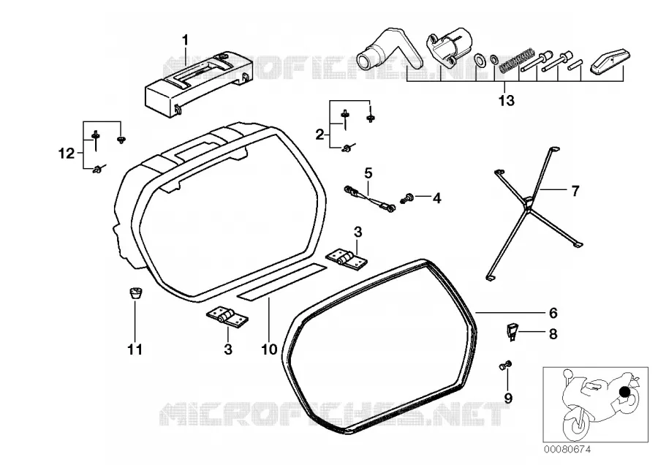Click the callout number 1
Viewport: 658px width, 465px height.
pyautogui.click(x=185, y=41)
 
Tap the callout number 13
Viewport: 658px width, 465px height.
pyautogui.click(x=506, y=101)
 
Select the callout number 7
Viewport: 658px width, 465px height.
pyautogui.click(x=575, y=191)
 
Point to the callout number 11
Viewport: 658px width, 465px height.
pyautogui.click(x=135, y=349)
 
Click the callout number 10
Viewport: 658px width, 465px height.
pyautogui.click(x=269, y=349)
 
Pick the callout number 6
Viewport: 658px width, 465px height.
pyautogui.click(x=553, y=313)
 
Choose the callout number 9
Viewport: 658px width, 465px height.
pyautogui.click(x=508, y=398)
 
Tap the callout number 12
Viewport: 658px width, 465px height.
pyautogui.click(x=67, y=154)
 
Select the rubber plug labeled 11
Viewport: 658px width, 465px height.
pyautogui.click(x=135, y=292)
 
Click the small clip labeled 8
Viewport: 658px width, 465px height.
pyautogui.click(x=511, y=331)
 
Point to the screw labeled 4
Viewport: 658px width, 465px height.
pyautogui.click(x=408, y=197)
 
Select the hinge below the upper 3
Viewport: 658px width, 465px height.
pyautogui.click(x=347, y=258)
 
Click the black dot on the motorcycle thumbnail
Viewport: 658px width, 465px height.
pyautogui.click(x=625, y=392)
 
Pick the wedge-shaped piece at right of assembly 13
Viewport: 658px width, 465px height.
pyautogui.click(x=611, y=61)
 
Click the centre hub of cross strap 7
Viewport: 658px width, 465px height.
pyautogui.click(x=529, y=202)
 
